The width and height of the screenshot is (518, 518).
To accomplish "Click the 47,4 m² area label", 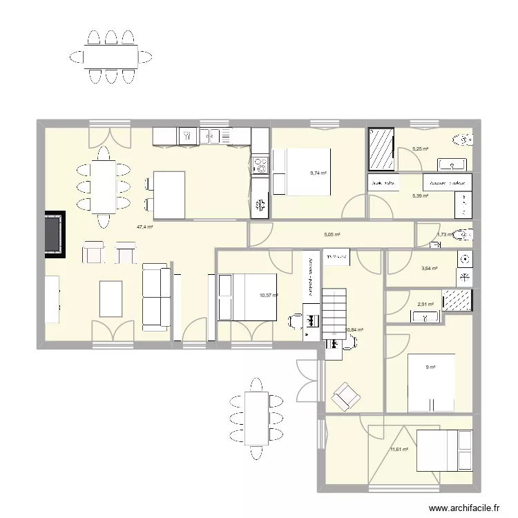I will coord(144,227).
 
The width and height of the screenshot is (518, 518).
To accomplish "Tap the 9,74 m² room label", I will coord(318,173).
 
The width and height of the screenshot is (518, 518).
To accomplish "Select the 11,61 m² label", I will coord(399,450).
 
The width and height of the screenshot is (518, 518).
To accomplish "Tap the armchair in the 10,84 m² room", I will coord(345,396).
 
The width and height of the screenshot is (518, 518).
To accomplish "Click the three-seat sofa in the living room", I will coord(156,296).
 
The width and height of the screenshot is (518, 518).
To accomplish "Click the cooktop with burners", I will coord(260,166).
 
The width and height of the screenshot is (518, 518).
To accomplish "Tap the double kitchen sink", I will coord(210,137).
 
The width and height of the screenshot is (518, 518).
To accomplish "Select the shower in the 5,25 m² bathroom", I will coord(381,148).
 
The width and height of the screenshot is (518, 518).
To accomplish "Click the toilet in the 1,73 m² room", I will coord(464,233).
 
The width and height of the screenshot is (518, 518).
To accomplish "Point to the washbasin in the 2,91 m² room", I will coord(424,316).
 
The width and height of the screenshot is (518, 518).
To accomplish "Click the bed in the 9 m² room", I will coord(431,383).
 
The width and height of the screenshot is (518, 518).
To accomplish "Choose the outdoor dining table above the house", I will coord(111,56).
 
